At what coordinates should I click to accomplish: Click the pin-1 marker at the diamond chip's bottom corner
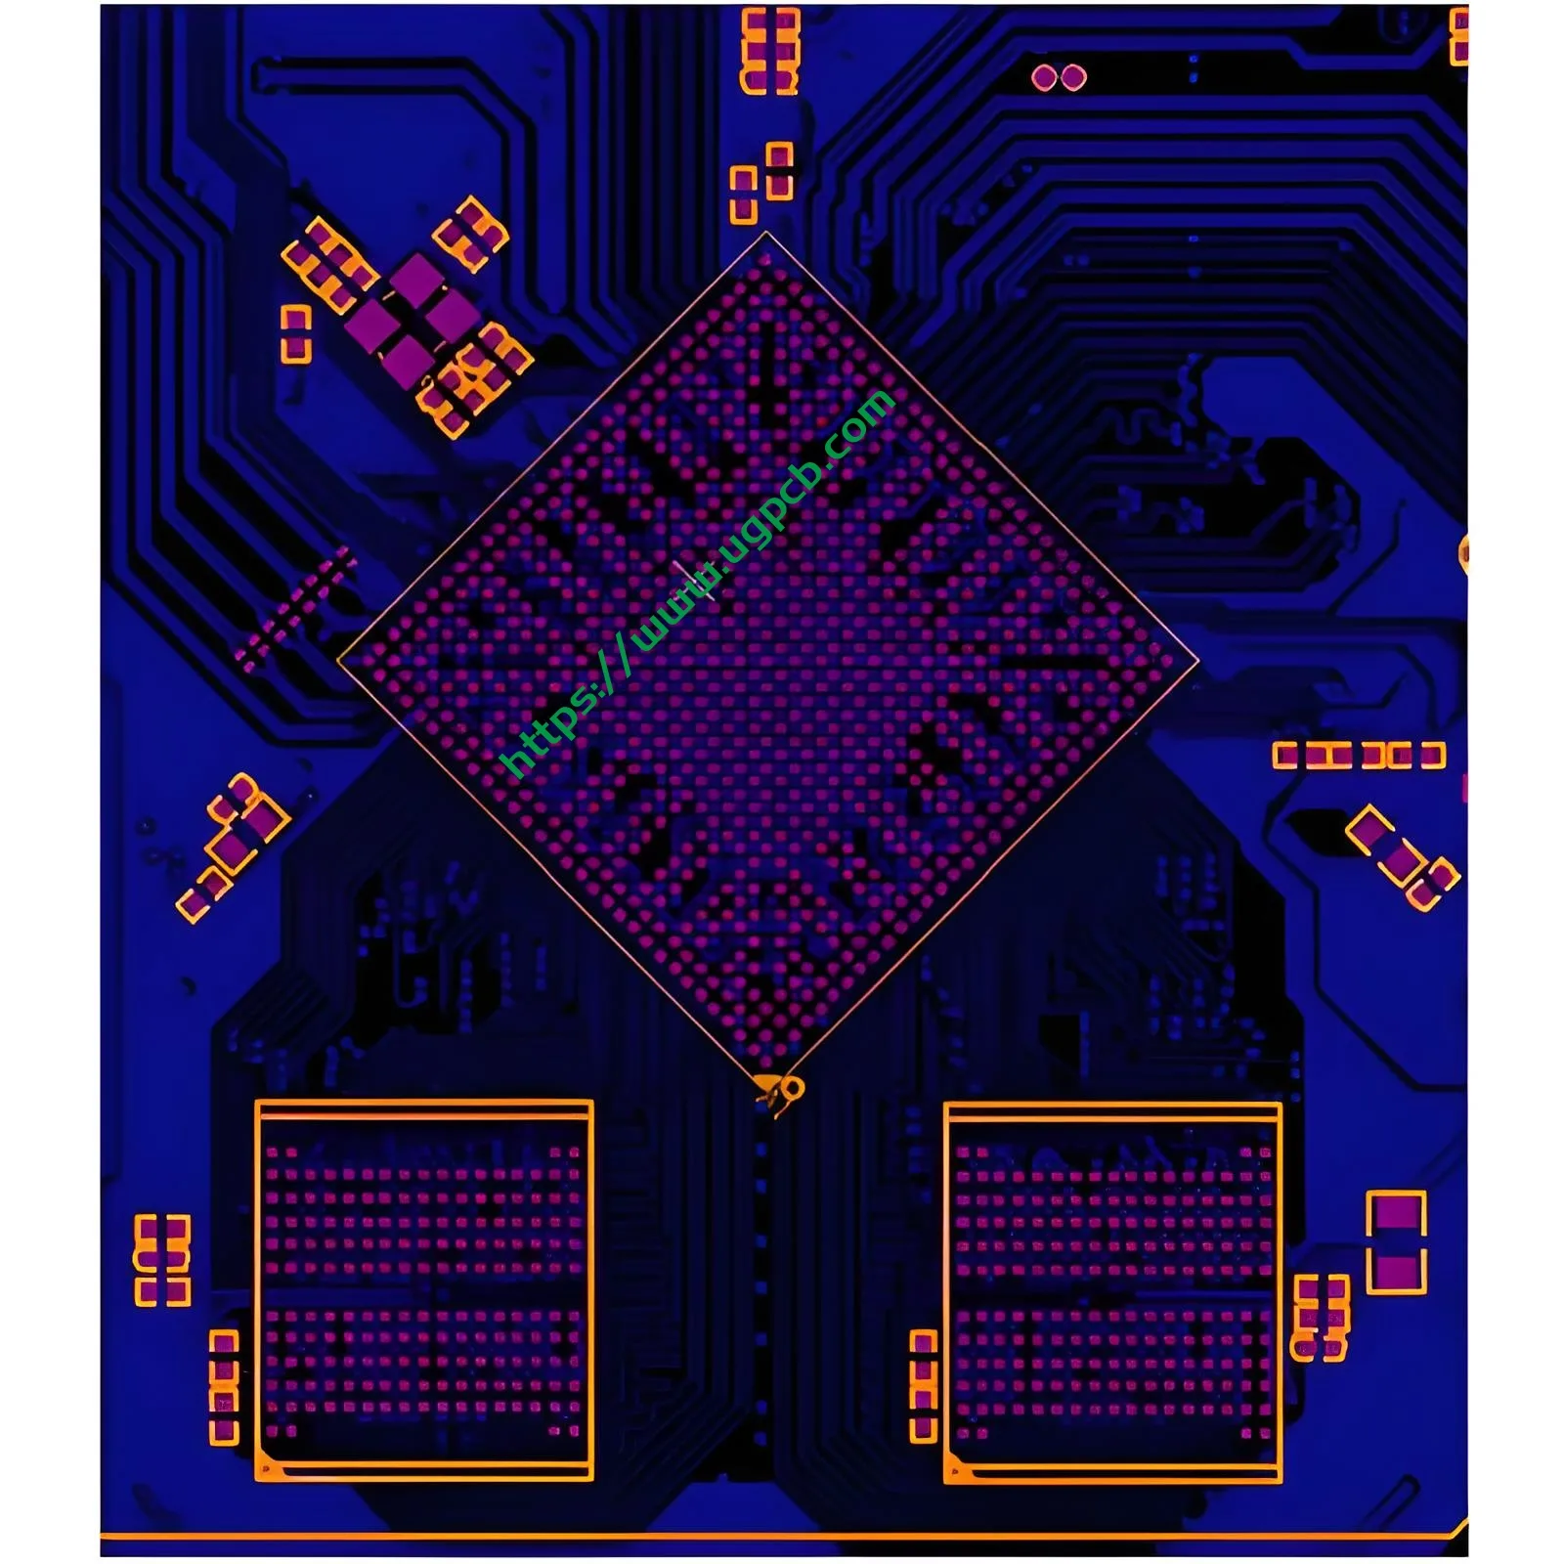click(x=783, y=1089)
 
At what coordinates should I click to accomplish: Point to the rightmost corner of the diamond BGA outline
click(x=1198, y=662)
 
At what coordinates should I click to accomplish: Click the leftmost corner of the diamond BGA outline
click(x=338, y=662)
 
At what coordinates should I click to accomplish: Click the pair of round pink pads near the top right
click(x=1059, y=77)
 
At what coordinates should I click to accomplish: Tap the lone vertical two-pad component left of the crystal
click(x=295, y=333)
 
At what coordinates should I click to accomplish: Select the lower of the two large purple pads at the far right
click(x=1396, y=1272)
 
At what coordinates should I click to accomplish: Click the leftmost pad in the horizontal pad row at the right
click(x=1284, y=755)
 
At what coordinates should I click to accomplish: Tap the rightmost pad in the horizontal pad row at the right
click(x=1432, y=755)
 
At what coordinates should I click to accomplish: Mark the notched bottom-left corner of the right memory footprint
click(x=955, y=1471)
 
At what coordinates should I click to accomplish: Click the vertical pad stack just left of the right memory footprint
click(x=923, y=1385)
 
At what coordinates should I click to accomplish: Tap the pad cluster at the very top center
click(x=770, y=51)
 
